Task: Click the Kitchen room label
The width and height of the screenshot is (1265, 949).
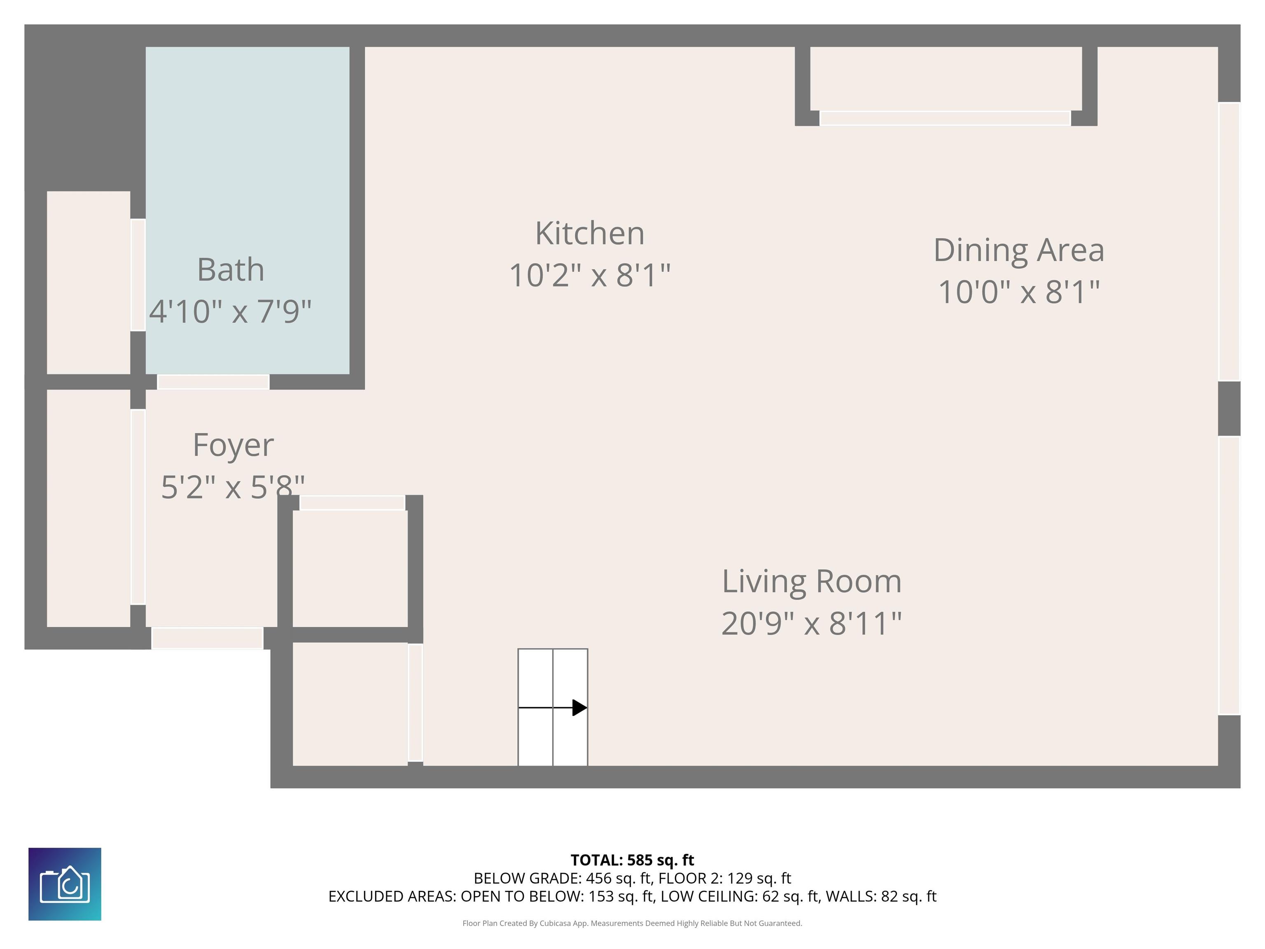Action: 590,234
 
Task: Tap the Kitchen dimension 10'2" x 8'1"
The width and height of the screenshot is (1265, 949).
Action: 590,275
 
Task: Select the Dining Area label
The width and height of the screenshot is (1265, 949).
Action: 1018,250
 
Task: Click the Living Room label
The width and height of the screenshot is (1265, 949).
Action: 812,581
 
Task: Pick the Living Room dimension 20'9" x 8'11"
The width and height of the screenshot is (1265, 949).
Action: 812,624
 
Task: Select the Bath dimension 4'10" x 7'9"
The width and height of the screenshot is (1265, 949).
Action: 231,311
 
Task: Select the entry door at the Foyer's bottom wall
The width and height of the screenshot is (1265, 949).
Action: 207,638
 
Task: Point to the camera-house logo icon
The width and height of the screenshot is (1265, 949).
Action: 65,884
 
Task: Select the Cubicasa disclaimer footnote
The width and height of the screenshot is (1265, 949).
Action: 632,923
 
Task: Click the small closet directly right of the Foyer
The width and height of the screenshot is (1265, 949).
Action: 350,568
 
